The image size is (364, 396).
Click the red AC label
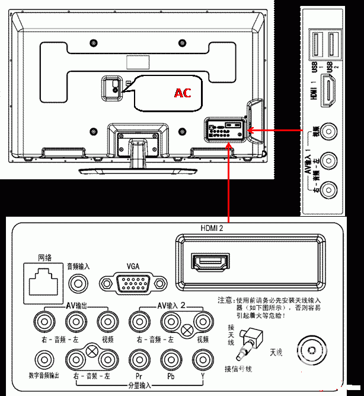[x=182, y=93]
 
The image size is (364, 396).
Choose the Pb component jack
[x=170, y=359]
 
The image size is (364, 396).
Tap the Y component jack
[x=202, y=359]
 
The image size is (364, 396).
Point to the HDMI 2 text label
[x=214, y=227]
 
